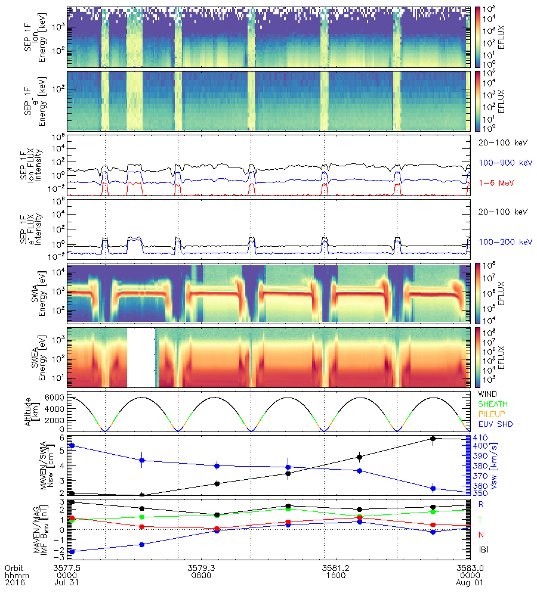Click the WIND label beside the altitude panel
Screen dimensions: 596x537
tap(488, 395)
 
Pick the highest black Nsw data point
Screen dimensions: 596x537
tap(433, 439)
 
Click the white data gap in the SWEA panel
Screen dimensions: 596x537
tap(141, 358)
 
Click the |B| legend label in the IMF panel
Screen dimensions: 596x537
tap(482, 548)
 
